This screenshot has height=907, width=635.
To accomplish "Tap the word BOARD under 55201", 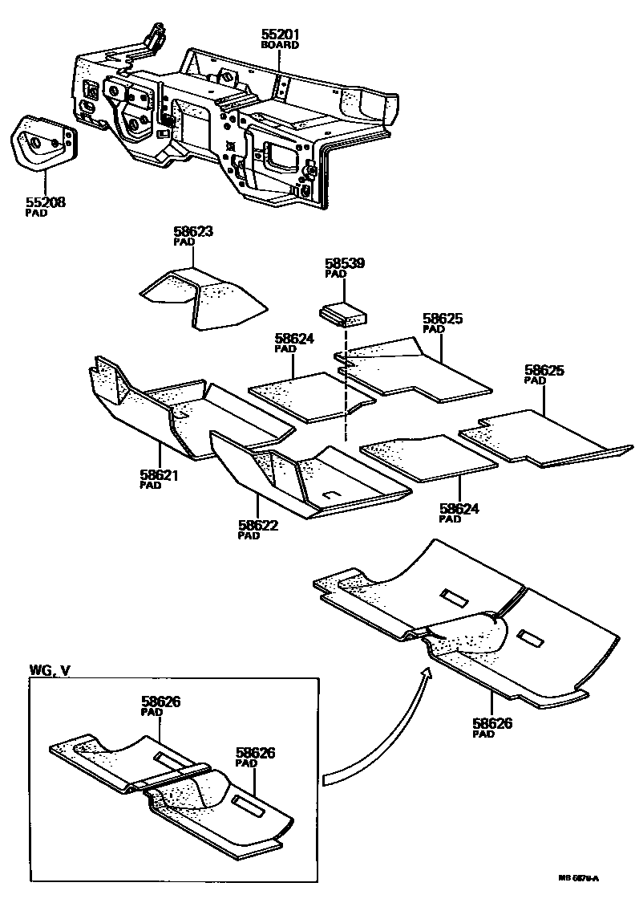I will point(280,46).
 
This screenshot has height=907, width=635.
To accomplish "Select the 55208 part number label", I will point(45,203).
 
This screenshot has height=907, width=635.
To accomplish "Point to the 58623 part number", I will point(193,232).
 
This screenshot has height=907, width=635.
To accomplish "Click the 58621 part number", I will point(159,475).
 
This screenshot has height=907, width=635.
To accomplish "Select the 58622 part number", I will point(257,526).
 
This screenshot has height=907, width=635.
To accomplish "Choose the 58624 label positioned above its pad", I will point(294,339).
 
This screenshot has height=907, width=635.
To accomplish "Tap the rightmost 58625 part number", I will point(544,370).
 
